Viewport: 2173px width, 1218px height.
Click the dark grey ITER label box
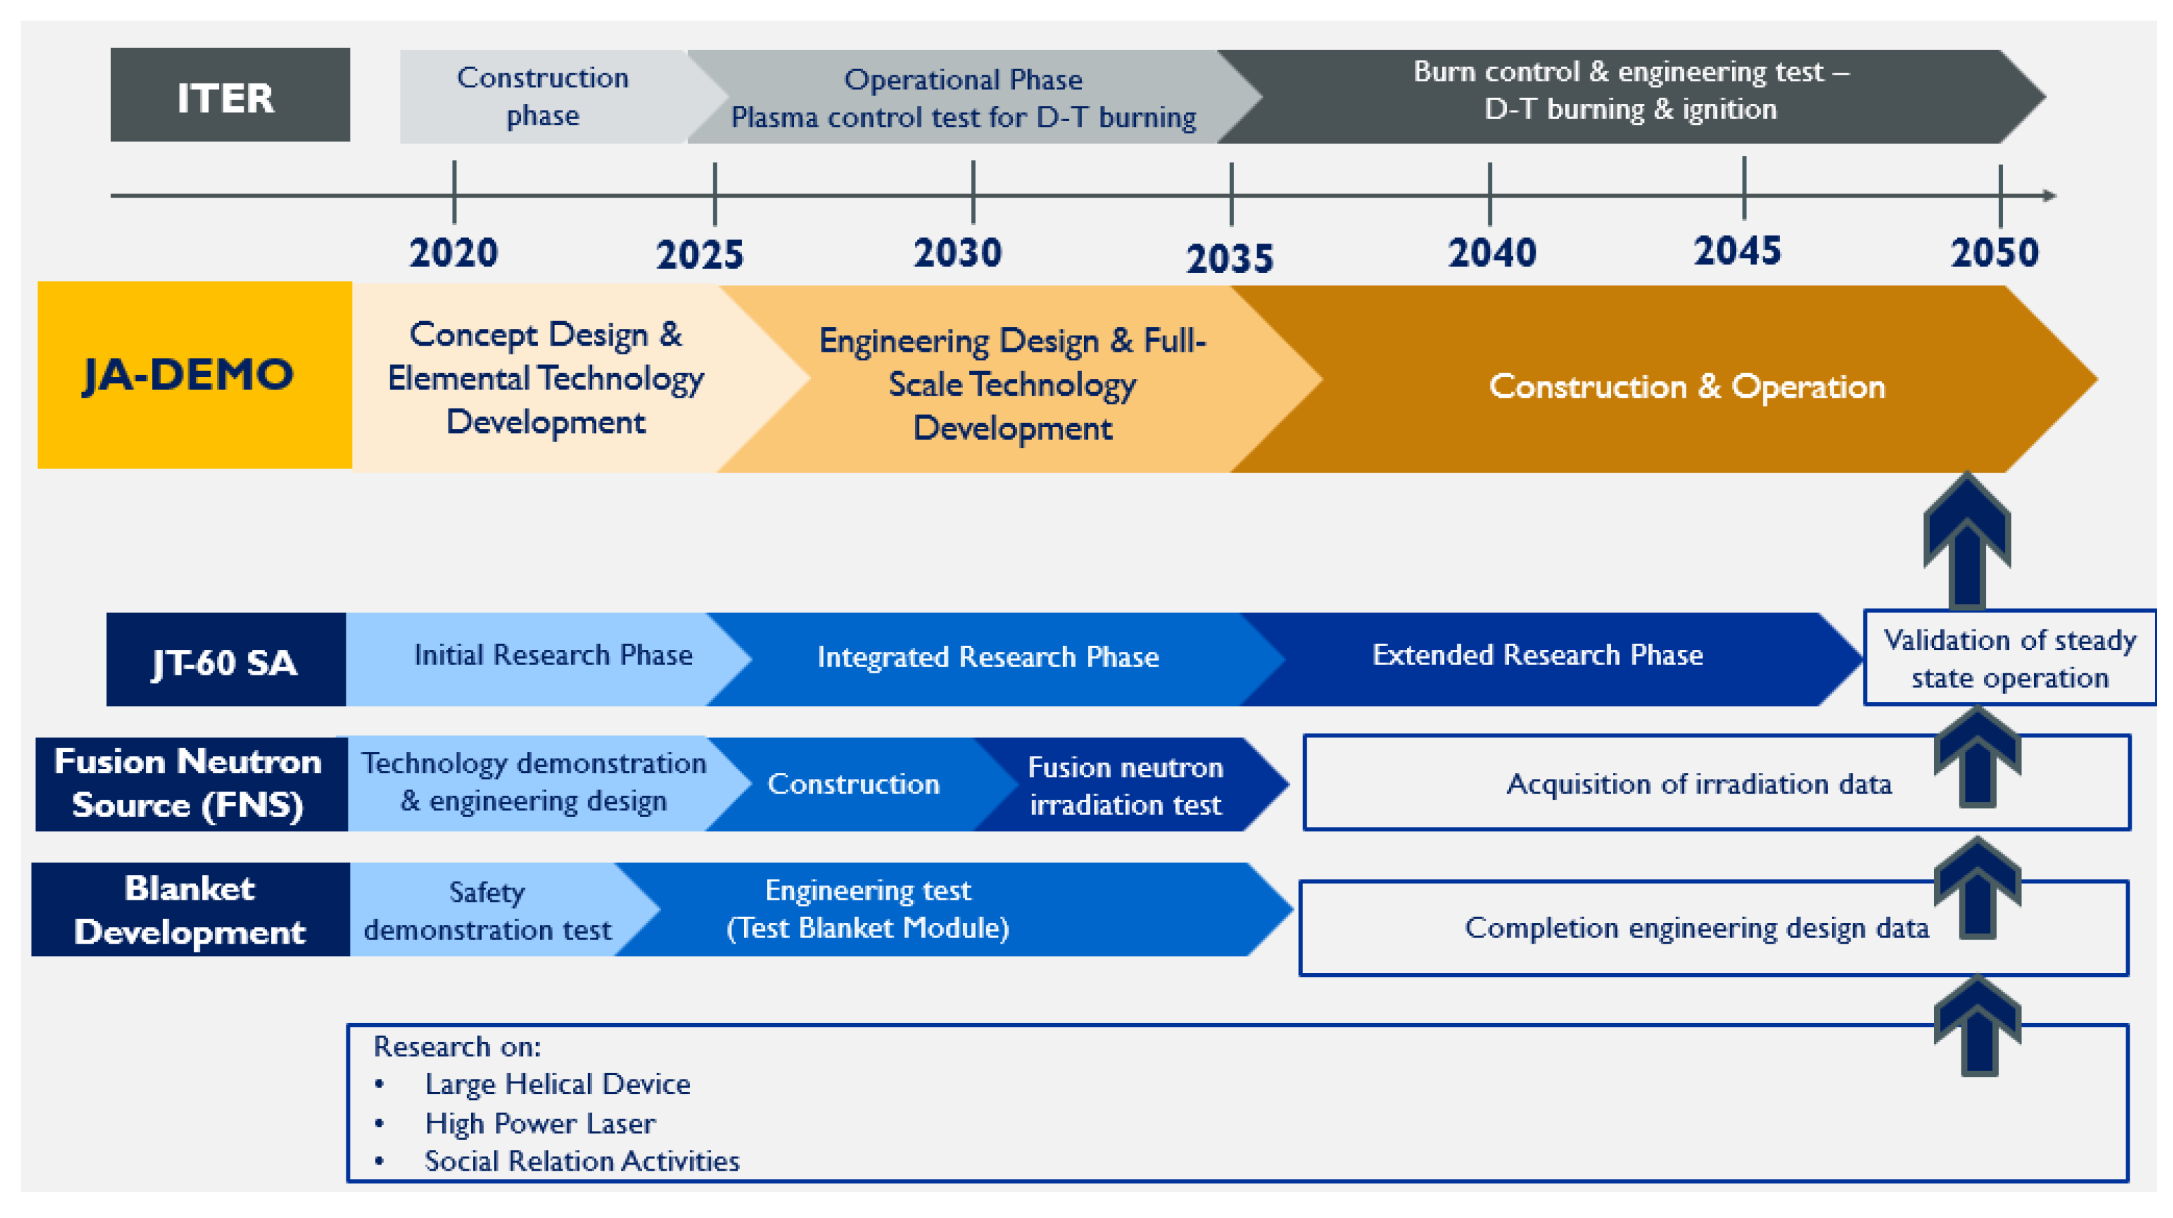(230, 95)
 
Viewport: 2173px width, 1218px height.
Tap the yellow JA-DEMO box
(195, 374)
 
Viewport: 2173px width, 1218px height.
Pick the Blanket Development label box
(191, 909)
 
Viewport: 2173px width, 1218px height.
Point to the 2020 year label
(454, 253)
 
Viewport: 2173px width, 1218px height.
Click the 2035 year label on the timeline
(1230, 259)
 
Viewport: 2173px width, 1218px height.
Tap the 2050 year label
(1994, 253)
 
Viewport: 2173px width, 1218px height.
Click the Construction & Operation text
(1687, 386)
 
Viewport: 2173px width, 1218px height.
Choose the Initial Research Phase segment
(544, 659)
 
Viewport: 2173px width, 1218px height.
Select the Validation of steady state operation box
(2009, 658)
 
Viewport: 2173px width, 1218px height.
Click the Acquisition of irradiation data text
(1699, 784)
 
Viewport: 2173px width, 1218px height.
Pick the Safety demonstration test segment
(498, 909)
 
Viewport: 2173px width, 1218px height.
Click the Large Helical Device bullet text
(557, 1084)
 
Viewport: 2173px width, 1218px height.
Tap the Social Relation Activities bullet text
(582, 1161)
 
